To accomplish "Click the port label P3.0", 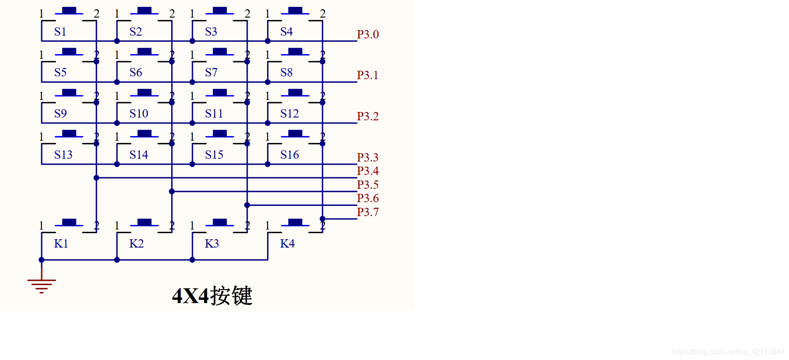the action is click(367, 35).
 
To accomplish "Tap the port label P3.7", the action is click(367, 212).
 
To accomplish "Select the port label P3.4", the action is click(367, 171).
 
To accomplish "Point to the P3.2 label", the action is click(367, 117).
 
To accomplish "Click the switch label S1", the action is click(60, 32).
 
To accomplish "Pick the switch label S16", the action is click(289, 155).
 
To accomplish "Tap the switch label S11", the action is click(214, 114).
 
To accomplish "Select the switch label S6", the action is click(136, 73).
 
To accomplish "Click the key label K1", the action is click(61, 244).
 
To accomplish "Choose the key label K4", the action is click(287, 244).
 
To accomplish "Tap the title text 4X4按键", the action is click(212, 296).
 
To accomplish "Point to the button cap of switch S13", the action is click(69, 133).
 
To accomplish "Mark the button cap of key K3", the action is click(220, 222).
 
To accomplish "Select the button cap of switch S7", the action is click(220, 51).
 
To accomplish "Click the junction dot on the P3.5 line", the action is click(172, 192).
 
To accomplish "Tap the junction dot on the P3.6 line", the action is click(247, 205).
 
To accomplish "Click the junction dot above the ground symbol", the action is click(42, 260).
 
